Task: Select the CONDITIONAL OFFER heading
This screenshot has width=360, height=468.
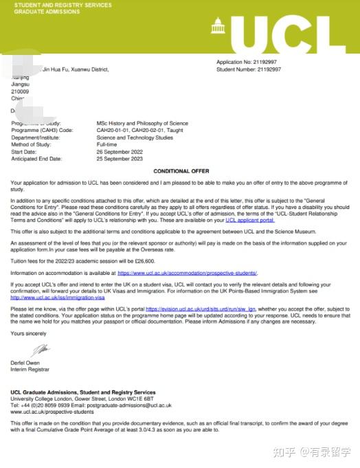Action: coord(181,170)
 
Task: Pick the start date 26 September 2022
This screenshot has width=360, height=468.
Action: coord(120,152)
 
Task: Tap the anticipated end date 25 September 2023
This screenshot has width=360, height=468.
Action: coord(120,159)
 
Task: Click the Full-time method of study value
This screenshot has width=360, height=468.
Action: coord(106,144)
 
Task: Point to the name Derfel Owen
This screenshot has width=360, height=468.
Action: coord(26,362)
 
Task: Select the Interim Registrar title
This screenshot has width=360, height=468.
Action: coord(30,369)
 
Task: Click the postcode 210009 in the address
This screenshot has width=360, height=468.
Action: coord(21,91)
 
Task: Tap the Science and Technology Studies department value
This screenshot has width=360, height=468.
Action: coord(135,137)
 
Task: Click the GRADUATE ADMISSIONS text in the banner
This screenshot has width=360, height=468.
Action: coord(41,12)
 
